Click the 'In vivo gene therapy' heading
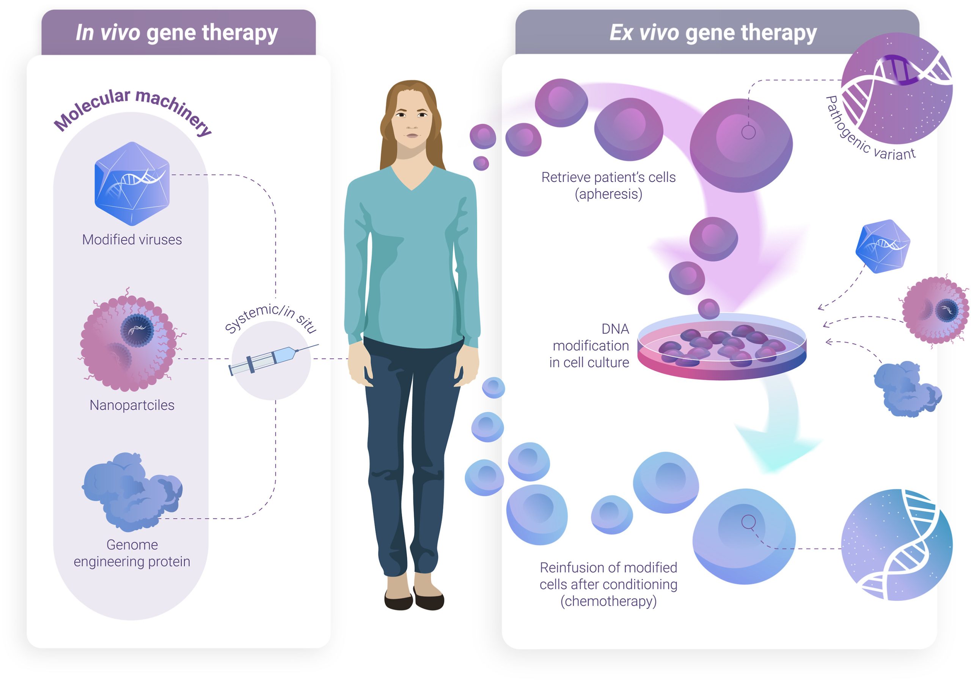177,33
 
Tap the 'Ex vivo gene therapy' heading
713,33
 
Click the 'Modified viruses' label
132,240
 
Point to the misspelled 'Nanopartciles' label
132,405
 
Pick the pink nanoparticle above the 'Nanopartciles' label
129,343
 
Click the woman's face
411,121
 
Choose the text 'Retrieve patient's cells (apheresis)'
608,185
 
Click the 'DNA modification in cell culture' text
590,345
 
